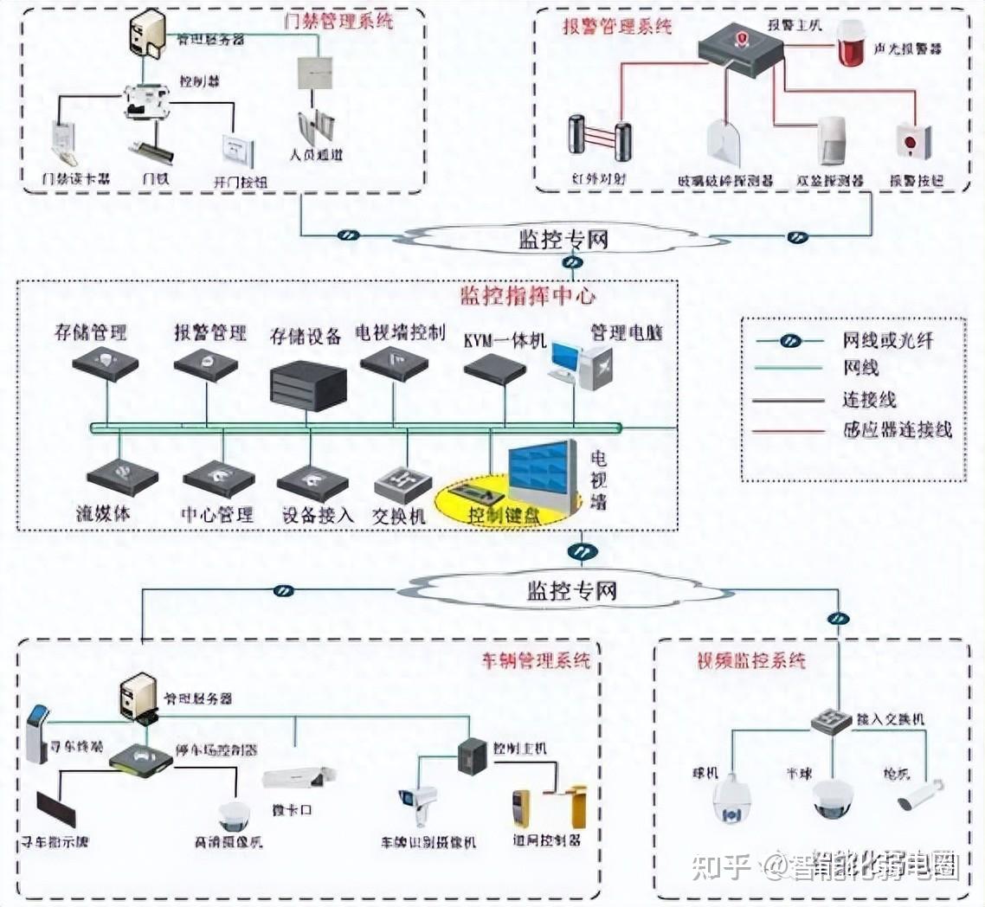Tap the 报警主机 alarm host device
[x=741, y=44]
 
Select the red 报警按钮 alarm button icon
[x=913, y=141]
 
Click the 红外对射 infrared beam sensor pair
[x=600, y=138]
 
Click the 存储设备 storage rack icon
[x=308, y=386]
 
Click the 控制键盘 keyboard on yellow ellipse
[x=475, y=497]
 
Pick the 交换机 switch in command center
[x=402, y=485]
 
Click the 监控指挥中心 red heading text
[x=527, y=296]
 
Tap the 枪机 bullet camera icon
[x=919, y=794]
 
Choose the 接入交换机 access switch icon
[x=832, y=720]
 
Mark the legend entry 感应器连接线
[x=897, y=429]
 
